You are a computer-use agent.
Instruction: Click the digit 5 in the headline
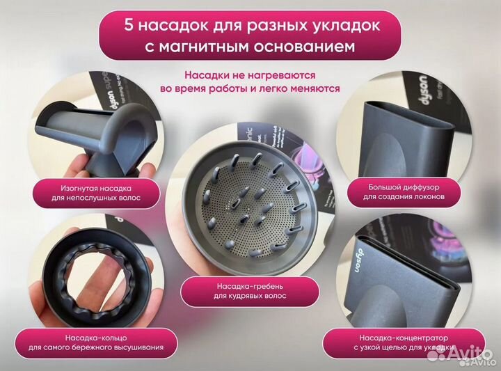pos(129,26)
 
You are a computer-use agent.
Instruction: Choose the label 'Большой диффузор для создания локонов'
pos(407,192)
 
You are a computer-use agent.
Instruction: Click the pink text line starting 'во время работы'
pos(250,88)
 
